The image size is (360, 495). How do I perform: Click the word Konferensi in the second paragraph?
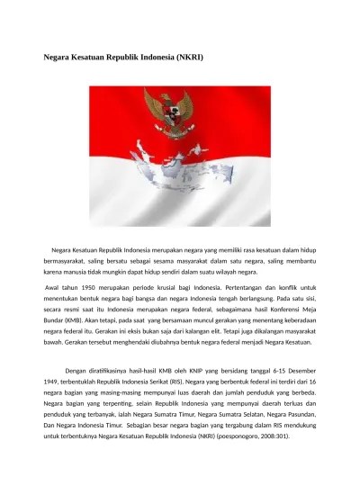(x=276, y=309)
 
